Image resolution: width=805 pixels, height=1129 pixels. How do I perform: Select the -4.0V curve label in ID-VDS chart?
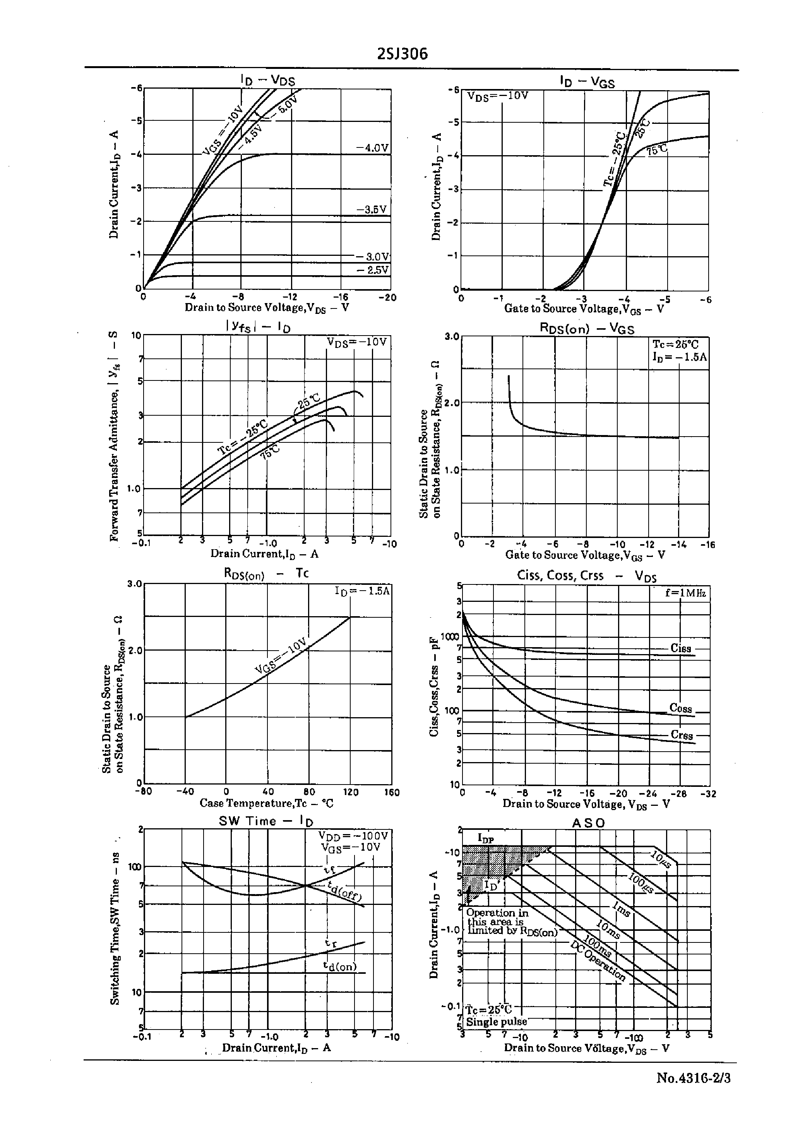coord(372,148)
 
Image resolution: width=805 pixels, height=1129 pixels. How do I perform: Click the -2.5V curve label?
coord(373,270)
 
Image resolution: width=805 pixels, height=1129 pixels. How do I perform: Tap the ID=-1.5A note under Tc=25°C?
coord(680,356)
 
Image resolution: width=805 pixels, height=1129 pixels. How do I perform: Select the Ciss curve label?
coord(681,648)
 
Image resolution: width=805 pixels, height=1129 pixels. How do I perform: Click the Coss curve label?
coord(680,708)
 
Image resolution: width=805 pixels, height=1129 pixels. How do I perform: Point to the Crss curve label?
coord(682,735)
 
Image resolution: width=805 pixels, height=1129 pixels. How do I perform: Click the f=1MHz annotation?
coord(685,593)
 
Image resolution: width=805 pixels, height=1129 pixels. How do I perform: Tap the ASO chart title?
coord(588,823)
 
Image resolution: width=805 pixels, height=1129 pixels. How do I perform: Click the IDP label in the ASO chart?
coord(486,838)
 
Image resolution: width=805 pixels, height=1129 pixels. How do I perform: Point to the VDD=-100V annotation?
coord(353,836)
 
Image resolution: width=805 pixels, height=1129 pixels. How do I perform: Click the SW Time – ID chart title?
coord(266,821)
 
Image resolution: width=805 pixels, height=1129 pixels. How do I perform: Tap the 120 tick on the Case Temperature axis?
coord(351,792)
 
